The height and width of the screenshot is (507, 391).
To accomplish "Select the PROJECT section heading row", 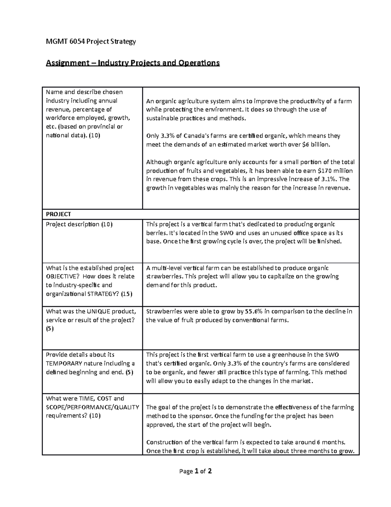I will pyautogui.click(x=59, y=214).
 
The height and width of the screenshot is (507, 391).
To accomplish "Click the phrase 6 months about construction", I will pyautogui.click(x=330, y=442).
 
